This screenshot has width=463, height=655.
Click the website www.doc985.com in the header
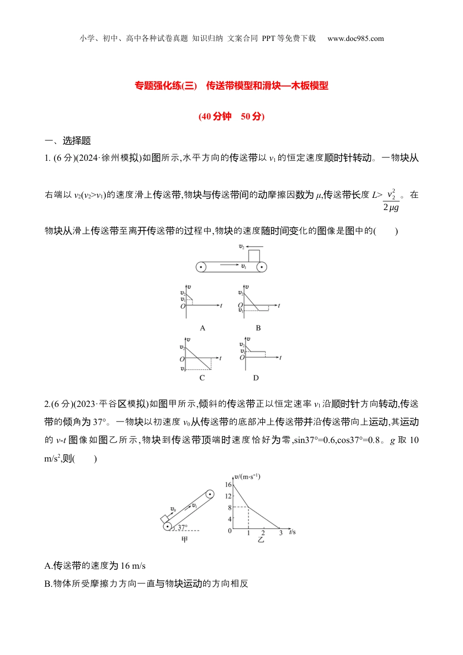coord(355,39)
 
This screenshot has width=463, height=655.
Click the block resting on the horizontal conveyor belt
coord(254,256)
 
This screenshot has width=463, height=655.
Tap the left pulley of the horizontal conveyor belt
coord(201,267)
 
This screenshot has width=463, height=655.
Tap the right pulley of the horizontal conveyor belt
coord(262,267)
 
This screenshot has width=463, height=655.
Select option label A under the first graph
coord(203,328)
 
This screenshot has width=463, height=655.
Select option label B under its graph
coord(258,328)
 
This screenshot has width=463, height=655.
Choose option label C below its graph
coord(202,378)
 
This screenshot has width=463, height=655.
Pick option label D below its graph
coord(256,378)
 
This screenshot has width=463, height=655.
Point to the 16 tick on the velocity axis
coord(228,484)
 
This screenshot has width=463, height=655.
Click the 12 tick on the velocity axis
coord(228,496)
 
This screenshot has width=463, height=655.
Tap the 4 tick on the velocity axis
coord(230,519)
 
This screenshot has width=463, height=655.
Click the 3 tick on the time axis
coord(281,533)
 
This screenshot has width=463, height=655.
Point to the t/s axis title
coord(292,532)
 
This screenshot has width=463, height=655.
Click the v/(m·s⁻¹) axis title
coord(248,476)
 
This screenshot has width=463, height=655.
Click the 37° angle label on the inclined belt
coord(182,527)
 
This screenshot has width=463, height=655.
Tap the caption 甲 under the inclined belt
coord(185,540)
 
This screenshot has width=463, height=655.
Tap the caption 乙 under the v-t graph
coord(261,540)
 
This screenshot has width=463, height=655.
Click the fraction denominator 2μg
coord(391,207)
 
